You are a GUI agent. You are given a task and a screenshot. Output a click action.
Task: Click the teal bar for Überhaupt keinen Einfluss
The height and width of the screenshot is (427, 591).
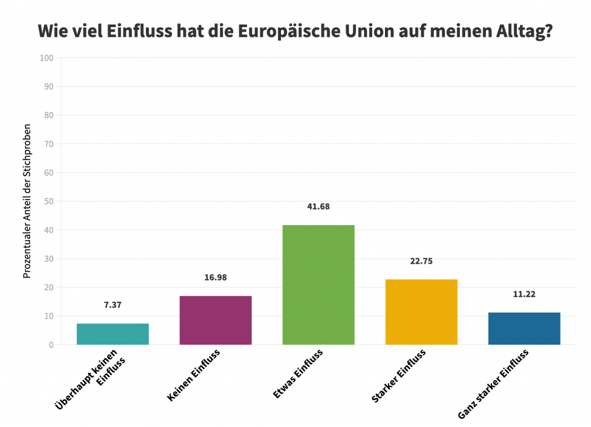[113, 334]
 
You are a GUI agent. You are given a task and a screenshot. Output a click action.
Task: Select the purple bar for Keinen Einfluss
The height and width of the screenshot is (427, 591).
[215, 320]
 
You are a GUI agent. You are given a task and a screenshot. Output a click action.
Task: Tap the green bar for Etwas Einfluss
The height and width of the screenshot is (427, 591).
[318, 284]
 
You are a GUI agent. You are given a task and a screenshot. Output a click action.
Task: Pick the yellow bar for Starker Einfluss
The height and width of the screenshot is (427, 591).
[421, 312]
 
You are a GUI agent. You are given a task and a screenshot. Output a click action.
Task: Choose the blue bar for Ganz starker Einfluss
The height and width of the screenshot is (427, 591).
[524, 328]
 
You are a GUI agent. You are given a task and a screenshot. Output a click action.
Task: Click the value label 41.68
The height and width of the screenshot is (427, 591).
[318, 207]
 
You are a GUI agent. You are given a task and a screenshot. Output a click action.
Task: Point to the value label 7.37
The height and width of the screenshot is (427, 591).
[113, 305]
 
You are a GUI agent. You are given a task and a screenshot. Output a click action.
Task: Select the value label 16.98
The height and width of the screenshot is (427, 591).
[215, 278]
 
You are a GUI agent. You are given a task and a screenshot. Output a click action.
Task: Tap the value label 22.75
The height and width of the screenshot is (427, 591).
[421, 261]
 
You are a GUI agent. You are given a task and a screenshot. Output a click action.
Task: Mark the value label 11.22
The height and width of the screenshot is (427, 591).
[524, 294]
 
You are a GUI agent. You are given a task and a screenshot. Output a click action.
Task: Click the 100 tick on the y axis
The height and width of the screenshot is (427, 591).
[47, 58]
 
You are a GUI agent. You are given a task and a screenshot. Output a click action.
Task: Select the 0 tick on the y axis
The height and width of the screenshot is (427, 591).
[51, 345]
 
